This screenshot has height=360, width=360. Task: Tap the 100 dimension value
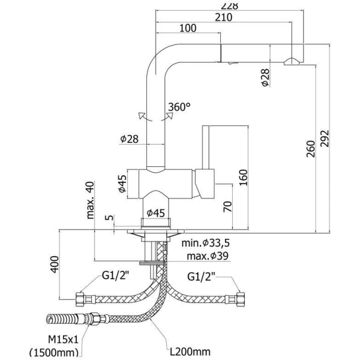pos(188,28)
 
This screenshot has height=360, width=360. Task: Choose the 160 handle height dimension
pos(242,178)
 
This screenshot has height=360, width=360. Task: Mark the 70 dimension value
pos(227,207)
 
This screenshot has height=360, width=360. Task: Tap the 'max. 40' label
pos(91,198)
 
